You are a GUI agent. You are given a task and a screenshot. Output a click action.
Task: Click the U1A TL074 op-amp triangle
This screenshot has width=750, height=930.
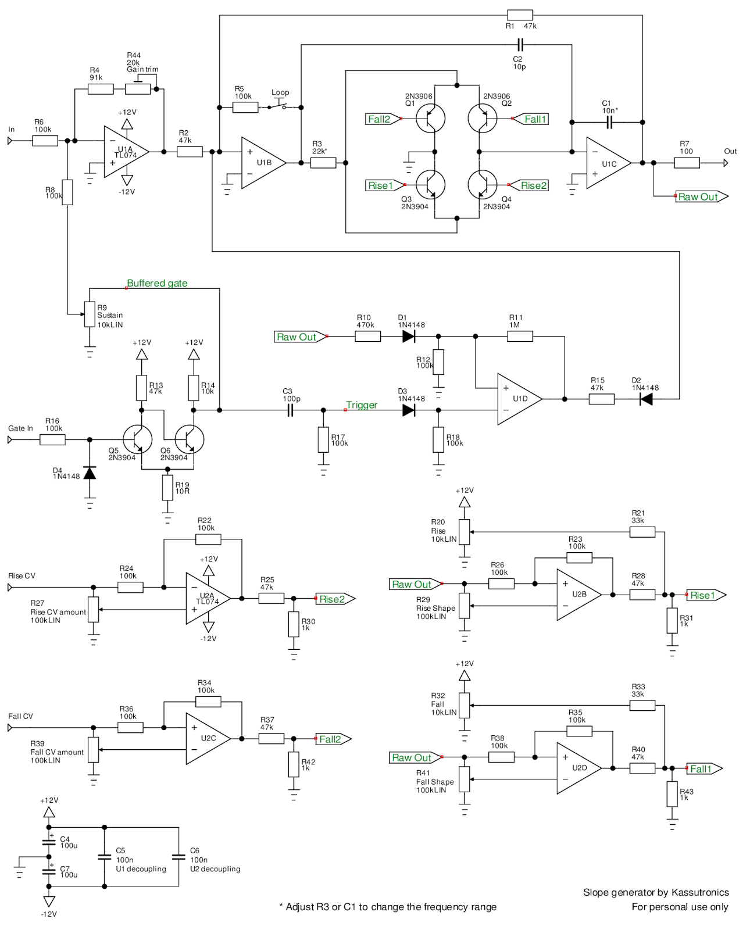(125, 152)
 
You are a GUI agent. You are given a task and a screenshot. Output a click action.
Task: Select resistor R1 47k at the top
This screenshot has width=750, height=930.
(519, 15)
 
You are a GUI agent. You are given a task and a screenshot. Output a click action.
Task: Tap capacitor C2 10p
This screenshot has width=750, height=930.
(520, 44)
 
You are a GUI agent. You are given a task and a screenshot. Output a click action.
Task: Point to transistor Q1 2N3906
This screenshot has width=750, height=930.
(431, 119)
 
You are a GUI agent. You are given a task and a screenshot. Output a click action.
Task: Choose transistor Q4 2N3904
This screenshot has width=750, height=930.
(482, 185)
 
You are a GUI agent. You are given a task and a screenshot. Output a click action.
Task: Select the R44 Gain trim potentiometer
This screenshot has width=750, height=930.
(138, 88)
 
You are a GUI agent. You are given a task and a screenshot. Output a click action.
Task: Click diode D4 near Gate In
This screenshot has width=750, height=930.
(90, 473)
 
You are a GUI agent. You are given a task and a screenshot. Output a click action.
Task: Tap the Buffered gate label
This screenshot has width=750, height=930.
(157, 283)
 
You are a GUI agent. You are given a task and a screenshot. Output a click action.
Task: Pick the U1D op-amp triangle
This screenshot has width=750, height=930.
(519, 399)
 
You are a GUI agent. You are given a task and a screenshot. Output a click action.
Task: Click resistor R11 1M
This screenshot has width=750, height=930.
(520, 336)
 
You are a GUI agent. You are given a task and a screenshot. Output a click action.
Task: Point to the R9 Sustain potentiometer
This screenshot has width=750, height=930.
(90, 314)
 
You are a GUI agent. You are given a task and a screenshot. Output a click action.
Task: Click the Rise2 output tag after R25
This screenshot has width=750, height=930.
(334, 599)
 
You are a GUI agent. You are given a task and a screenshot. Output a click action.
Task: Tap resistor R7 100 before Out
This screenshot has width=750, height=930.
(687, 163)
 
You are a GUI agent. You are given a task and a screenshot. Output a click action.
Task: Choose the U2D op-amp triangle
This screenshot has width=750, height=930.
(578, 768)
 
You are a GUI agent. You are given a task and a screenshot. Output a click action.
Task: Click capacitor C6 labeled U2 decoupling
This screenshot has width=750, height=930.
(178, 857)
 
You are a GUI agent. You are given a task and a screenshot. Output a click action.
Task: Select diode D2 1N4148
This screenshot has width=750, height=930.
(645, 399)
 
